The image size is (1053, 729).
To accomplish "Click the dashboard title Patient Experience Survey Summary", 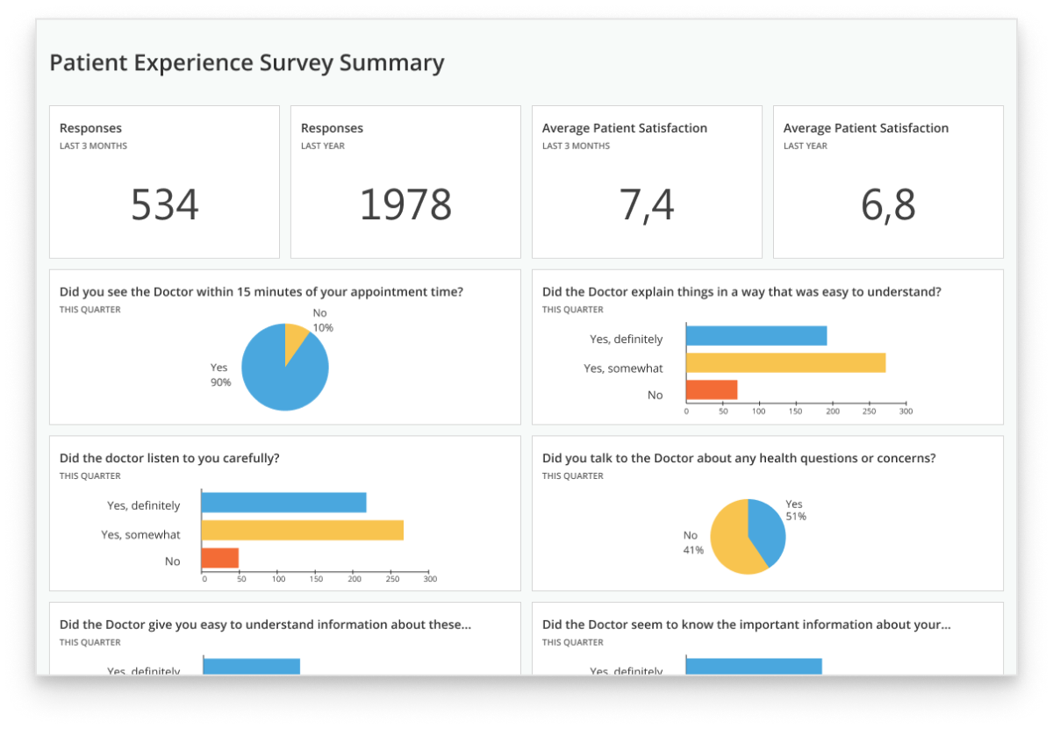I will click(x=247, y=63).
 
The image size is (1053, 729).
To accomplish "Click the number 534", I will click(x=165, y=205).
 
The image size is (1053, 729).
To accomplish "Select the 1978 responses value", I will click(x=405, y=205).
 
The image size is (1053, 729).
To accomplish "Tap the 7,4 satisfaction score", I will click(x=647, y=205).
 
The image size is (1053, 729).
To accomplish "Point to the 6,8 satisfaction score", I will click(x=888, y=205).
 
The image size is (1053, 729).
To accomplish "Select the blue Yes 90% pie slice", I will click(x=281, y=377).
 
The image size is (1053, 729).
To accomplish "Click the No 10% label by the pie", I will click(x=323, y=321).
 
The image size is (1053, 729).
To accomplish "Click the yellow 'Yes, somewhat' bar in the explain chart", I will click(x=785, y=363).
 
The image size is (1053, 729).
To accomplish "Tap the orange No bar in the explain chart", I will click(x=712, y=390).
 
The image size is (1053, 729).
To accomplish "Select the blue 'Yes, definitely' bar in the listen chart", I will click(x=283, y=503).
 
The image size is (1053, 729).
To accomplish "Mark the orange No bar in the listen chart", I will click(x=220, y=558).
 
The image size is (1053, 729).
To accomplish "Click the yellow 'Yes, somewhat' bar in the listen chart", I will click(x=302, y=530).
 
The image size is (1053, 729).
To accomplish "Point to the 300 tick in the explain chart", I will click(x=906, y=411).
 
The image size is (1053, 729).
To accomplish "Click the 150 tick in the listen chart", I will click(x=317, y=579).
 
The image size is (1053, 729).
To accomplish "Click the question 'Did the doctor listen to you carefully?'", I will click(x=169, y=458).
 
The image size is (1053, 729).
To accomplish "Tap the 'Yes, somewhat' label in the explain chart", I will click(x=623, y=368).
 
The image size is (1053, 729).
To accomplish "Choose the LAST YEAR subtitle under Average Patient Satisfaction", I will click(x=805, y=147).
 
